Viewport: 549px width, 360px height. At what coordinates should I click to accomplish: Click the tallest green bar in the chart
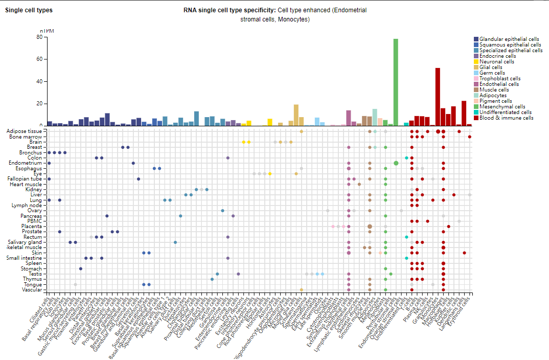pyautogui.click(x=396, y=82)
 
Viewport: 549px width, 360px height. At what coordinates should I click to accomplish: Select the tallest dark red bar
pyautogui.click(x=438, y=97)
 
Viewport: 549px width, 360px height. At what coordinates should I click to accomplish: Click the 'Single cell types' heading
pyautogui.click(x=29, y=10)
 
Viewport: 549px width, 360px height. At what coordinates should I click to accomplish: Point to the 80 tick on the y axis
pyautogui.click(x=39, y=37)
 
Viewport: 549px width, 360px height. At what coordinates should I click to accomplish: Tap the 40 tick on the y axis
pyautogui.click(x=39, y=81)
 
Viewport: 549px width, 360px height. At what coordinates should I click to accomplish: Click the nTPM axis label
pyautogui.click(x=46, y=31)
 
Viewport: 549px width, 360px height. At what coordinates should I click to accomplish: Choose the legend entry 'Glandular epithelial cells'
pyautogui.click(x=509, y=39)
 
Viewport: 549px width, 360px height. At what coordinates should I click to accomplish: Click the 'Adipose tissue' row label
pyautogui.click(x=26, y=131)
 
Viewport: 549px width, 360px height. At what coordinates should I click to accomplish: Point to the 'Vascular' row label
pyautogui.click(x=32, y=289)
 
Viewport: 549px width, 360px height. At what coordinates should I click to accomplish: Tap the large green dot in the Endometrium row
pyautogui.click(x=396, y=163)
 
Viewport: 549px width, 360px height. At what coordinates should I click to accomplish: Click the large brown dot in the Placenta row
pyautogui.click(x=370, y=226)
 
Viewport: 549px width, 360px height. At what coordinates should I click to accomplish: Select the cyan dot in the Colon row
pyautogui.click(x=406, y=158)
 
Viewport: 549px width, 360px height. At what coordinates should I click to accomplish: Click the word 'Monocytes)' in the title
pyautogui.click(x=294, y=19)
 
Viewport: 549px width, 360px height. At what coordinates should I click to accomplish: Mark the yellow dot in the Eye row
pyautogui.click(x=270, y=174)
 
